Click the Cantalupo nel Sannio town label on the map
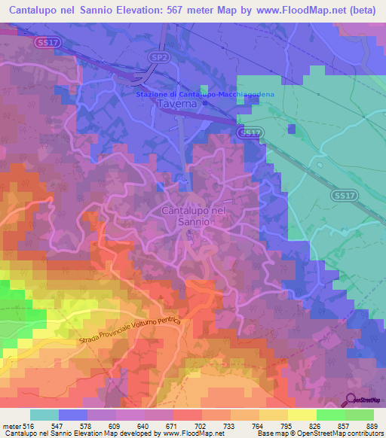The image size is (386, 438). click(194, 217)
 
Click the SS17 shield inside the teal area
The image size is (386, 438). click(342, 194)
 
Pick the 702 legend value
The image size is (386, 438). click(200, 427)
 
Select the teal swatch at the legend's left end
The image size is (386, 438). click(44, 415)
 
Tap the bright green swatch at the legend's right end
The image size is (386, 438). click(360, 415)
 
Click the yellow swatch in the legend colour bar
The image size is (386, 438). click(302, 415)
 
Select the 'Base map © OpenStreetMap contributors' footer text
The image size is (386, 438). click(317, 434)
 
